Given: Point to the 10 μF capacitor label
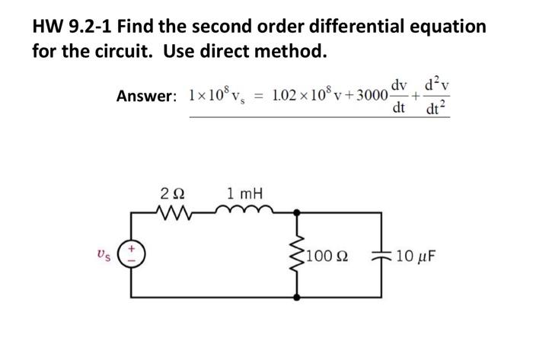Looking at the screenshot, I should pyautogui.click(x=416, y=252).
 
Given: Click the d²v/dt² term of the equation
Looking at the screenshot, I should pyautogui.click(x=439, y=95).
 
